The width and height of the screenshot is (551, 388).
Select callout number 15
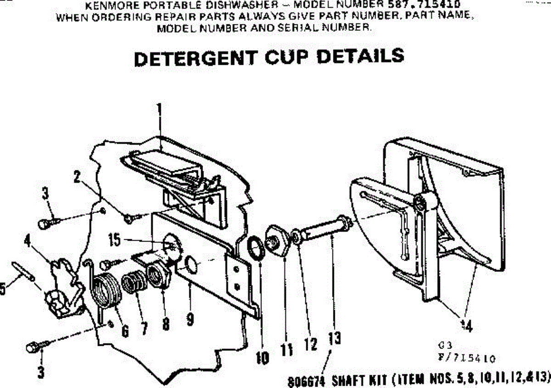tap(115, 239)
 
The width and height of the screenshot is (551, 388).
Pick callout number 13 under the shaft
tap(334, 339)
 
